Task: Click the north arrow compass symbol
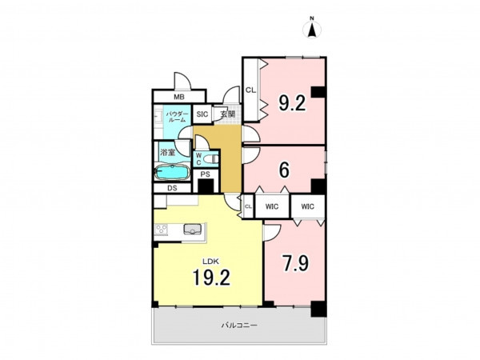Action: [x=312, y=29]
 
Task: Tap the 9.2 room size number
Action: [x=292, y=103]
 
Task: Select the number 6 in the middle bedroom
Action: [x=284, y=170]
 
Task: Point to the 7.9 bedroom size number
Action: [x=296, y=263]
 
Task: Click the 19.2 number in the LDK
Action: [x=211, y=278]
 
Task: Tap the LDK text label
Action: [x=210, y=262]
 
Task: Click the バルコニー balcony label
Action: [x=239, y=325]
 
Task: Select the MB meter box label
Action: [x=179, y=98]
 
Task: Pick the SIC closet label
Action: [x=202, y=114]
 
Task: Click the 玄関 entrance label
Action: [x=228, y=114]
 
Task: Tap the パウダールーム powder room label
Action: [x=176, y=117]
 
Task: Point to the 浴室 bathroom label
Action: [x=168, y=152]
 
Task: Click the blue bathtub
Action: [x=171, y=172]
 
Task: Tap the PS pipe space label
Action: [x=206, y=174]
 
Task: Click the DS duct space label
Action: [x=172, y=188]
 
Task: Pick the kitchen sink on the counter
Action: [x=192, y=229]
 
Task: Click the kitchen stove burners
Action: [x=161, y=230]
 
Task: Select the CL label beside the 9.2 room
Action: [x=250, y=90]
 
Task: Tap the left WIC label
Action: [x=272, y=206]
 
